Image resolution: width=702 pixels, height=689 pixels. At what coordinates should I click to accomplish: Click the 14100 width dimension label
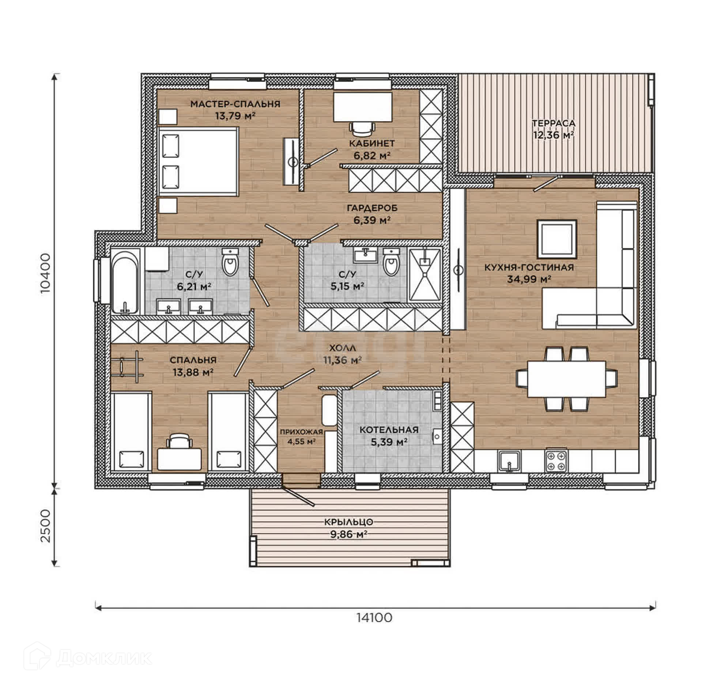(x=374, y=617)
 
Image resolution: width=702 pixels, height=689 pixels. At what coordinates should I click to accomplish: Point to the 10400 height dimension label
(x=46, y=274)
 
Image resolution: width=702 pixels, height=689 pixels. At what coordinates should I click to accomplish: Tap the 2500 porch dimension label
(x=46, y=526)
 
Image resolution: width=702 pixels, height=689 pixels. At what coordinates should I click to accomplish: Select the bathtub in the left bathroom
(x=125, y=281)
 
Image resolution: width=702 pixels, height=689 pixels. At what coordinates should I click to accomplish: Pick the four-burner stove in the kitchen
(x=556, y=460)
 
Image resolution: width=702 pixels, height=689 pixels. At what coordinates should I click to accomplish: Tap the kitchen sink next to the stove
(x=509, y=461)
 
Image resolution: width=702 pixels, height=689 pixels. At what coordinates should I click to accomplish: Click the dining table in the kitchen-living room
(x=566, y=379)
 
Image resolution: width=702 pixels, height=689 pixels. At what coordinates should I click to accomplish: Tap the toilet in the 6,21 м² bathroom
(x=230, y=262)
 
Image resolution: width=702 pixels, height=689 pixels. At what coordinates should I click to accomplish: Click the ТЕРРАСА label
(x=553, y=123)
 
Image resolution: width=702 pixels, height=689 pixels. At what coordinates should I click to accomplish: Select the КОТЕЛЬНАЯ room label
(x=389, y=430)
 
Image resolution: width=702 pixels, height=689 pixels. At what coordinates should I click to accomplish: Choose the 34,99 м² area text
(x=529, y=280)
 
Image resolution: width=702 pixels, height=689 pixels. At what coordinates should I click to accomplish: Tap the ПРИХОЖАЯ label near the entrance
(x=302, y=432)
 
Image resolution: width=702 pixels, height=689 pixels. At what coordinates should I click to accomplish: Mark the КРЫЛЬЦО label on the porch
(x=348, y=522)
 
